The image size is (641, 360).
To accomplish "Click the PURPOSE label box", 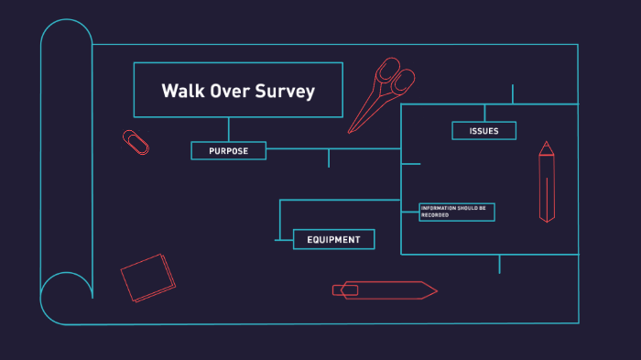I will click(x=228, y=151).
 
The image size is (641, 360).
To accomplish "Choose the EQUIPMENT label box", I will click(x=333, y=240).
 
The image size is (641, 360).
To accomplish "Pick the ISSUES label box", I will click(x=483, y=131).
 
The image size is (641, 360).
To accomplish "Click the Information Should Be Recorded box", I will click(x=457, y=212).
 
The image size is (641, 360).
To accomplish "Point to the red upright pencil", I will click(x=547, y=183).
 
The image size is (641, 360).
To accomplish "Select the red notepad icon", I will click(x=147, y=277).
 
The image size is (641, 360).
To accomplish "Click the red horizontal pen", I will click(x=385, y=290).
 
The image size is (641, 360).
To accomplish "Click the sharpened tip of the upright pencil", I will click(x=547, y=144).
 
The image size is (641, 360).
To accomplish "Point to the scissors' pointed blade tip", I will click(x=349, y=132).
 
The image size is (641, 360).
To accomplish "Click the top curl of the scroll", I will click(x=67, y=41).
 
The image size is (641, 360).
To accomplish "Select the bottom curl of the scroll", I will click(x=66, y=297).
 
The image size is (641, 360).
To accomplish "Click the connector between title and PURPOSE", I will click(x=229, y=129).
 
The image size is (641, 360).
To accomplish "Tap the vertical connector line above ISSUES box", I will click(x=484, y=113).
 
